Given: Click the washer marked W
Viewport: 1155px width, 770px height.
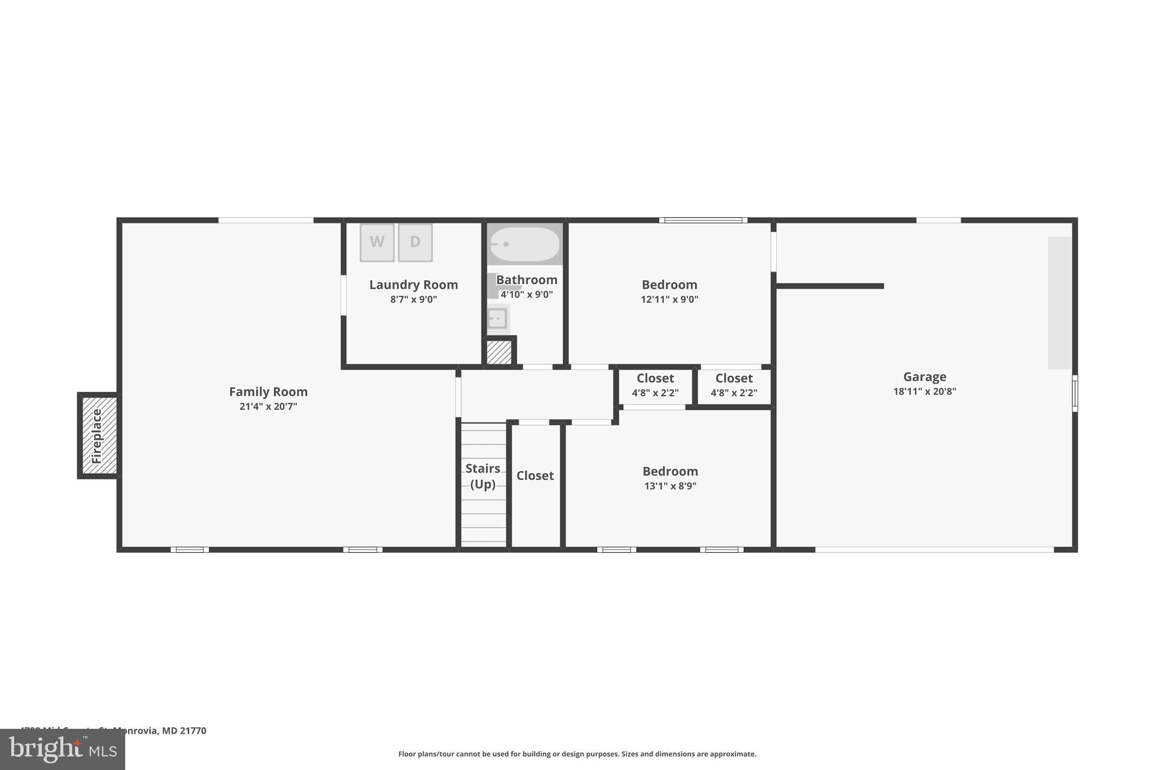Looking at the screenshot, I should point(377,243).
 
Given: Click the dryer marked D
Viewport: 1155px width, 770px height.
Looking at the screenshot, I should point(415,243).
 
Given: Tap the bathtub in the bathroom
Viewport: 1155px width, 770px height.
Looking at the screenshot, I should point(524,244).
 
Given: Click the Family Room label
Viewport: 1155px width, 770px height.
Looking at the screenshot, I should point(268,391).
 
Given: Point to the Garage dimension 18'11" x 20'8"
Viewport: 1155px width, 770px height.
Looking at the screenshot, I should point(924,391).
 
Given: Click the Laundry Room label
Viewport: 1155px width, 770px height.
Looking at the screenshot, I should point(413,285).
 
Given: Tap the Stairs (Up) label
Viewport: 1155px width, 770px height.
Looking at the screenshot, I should point(483,476).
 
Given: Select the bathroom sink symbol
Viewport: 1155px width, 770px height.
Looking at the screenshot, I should point(497,318).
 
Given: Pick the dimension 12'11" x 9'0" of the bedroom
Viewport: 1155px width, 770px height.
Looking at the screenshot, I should point(669,300).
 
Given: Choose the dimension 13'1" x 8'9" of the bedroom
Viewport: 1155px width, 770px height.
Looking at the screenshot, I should point(670,486).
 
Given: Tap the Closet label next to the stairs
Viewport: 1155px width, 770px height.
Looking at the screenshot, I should point(535,476).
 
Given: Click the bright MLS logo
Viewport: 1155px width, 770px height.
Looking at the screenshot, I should point(62,749).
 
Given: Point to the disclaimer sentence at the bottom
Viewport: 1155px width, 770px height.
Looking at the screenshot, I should point(577,754).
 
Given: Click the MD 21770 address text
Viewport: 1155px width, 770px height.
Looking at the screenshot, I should point(184,731).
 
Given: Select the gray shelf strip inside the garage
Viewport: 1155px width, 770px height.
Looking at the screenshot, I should point(1060,303).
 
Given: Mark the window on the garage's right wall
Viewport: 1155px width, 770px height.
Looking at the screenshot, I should point(1074,393).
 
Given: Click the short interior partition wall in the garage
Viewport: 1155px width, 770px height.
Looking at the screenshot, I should point(829,286).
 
